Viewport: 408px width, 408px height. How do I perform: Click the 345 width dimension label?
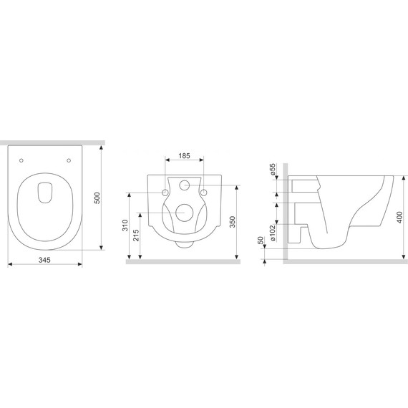pyautogui.click(x=44, y=260)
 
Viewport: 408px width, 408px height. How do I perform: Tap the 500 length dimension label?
pyautogui.click(x=97, y=198)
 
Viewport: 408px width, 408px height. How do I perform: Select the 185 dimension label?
pyautogui.click(x=184, y=156)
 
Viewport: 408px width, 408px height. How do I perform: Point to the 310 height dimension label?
pyautogui.click(x=125, y=225)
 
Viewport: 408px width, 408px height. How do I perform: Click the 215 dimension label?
pyautogui.click(x=136, y=235)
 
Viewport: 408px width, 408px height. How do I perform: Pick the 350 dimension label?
pyautogui.click(x=233, y=222)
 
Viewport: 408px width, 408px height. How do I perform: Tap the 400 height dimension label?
pyautogui.click(x=399, y=218)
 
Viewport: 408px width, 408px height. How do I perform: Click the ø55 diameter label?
pyautogui.click(x=273, y=169)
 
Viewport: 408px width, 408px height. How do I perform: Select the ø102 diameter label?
pyautogui.click(x=273, y=233)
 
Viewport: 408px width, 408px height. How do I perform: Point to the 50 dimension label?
pyautogui.click(x=261, y=241)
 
